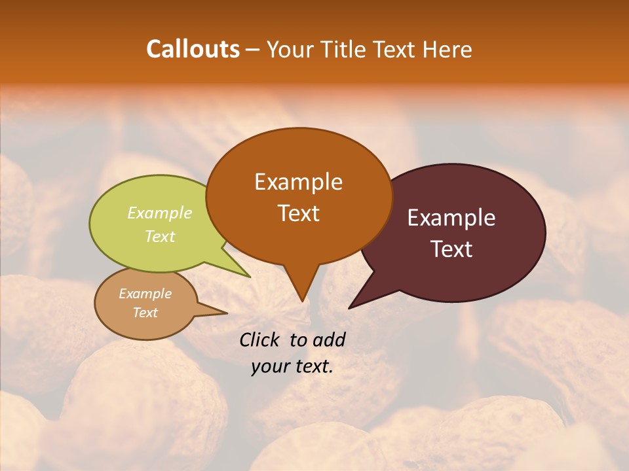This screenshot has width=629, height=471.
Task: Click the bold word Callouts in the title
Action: [193, 49]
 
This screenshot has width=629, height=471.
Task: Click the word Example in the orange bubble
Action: [298, 182]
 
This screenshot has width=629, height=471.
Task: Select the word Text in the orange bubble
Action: [298, 213]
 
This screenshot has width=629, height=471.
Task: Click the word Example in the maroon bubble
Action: [451, 218]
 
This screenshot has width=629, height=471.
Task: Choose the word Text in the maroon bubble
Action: [451, 249]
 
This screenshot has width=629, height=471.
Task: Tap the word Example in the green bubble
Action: [160, 213]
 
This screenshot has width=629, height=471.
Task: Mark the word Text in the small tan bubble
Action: [145, 313]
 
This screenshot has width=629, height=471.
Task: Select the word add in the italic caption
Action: [330, 340]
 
